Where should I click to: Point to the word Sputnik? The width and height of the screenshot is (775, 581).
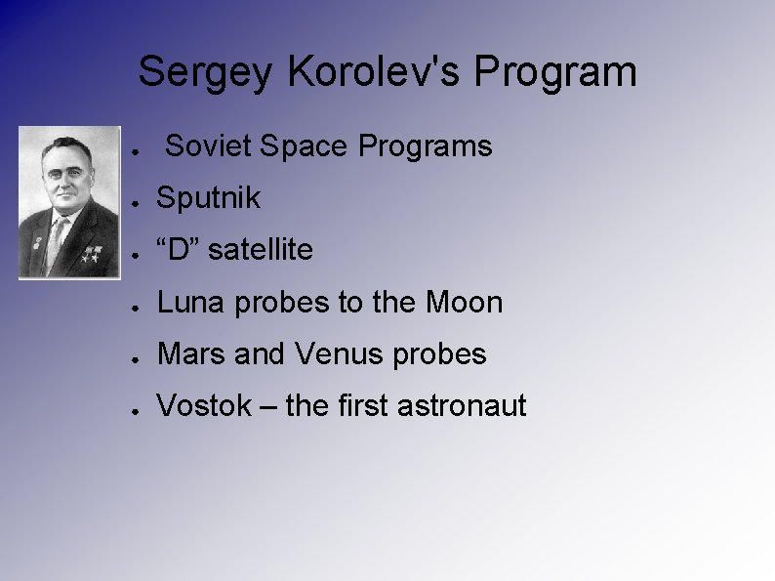tap(209, 198)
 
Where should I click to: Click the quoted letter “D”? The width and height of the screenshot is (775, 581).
tap(179, 250)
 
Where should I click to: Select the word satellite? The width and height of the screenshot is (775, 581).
tap(261, 250)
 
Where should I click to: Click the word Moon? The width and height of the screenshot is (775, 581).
tap(465, 303)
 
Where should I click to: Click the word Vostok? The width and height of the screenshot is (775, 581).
tap(204, 405)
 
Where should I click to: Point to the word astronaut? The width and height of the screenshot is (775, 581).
tap(463, 405)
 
